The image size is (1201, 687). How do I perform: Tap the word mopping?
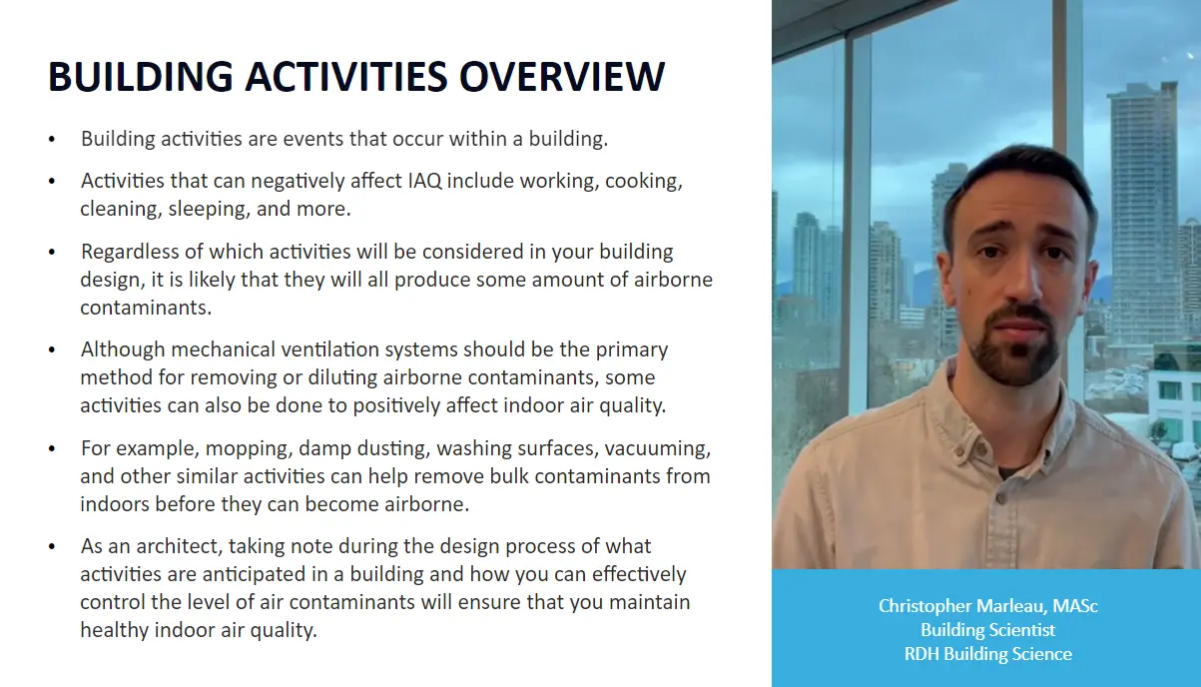(x=248, y=448)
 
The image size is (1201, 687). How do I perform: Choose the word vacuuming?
(x=658, y=448)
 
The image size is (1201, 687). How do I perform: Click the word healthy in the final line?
(x=116, y=631)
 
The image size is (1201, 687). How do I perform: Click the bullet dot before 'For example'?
(x=52, y=449)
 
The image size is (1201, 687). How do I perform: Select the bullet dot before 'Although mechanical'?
(x=52, y=351)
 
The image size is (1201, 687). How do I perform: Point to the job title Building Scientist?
(x=987, y=630)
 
